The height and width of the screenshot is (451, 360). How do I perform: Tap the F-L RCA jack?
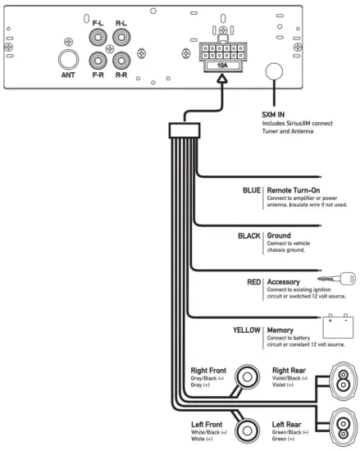click(x=100, y=39)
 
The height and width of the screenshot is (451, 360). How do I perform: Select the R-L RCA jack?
click(x=121, y=39)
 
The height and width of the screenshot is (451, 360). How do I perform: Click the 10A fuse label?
click(x=222, y=64)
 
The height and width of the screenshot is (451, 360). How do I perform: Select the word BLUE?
click(x=251, y=189)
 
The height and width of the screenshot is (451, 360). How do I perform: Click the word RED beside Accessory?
click(x=253, y=281)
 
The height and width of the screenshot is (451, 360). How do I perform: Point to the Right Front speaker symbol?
click(x=245, y=378)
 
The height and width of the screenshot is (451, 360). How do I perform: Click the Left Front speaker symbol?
click(x=245, y=430)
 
